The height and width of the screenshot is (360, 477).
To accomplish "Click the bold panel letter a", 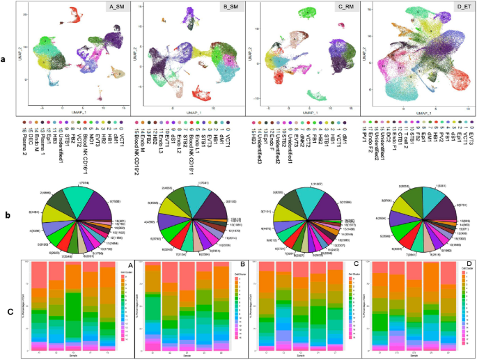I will pyautogui.click(x=4, y=58).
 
